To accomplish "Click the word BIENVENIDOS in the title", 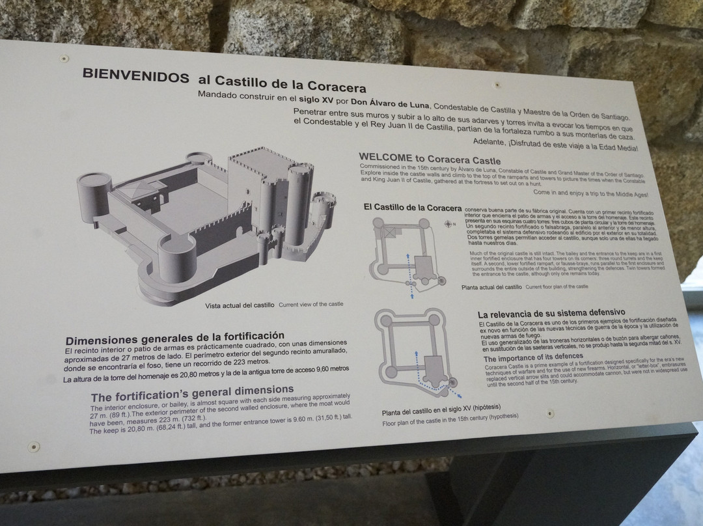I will (135, 74).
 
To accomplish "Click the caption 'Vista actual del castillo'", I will (240, 305).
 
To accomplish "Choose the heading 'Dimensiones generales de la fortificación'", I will (174, 337).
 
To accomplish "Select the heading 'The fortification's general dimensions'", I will (191, 393).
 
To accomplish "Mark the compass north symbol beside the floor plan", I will (448, 224).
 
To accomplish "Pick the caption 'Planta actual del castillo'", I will (491, 286).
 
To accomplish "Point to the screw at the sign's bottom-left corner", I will (34, 447).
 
